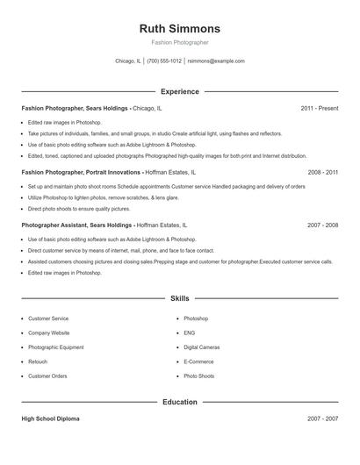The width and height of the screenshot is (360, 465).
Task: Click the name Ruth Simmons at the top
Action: (180, 28)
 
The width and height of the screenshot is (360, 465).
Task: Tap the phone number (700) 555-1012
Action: (164, 61)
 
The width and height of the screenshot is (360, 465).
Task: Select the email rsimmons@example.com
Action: (216, 61)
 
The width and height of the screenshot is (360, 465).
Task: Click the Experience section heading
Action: (180, 91)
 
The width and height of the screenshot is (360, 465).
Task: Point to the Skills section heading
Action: (180, 298)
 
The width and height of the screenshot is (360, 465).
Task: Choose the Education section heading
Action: (180, 402)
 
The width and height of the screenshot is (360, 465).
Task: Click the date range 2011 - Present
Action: (320, 108)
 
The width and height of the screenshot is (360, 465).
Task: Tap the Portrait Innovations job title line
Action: (109, 173)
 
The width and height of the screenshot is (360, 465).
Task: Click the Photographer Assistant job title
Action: (77, 225)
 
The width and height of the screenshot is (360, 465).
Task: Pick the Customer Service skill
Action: (48, 318)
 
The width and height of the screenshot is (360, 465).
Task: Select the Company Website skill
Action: (48, 333)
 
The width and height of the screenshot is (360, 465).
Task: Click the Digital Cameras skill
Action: (202, 347)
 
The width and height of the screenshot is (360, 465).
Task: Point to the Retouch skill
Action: (38, 361)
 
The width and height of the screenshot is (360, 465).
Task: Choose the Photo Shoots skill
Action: (198, 376)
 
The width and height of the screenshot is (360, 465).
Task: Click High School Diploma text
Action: (50, 418)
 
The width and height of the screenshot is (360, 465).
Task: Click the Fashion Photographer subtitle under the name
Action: (180, 43)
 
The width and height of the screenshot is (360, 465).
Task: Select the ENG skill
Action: (189, 333)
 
